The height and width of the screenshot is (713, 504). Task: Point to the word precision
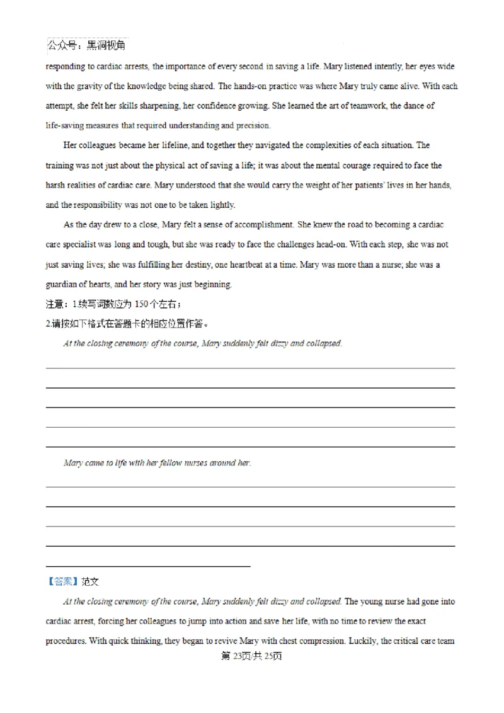pyautogui.click(x=253, y=125)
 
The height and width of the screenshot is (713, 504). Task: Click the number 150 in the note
pyautogui.click(x=142, y=304)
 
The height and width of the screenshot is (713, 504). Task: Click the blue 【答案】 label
pyautogui.click(x=62, y=581)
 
